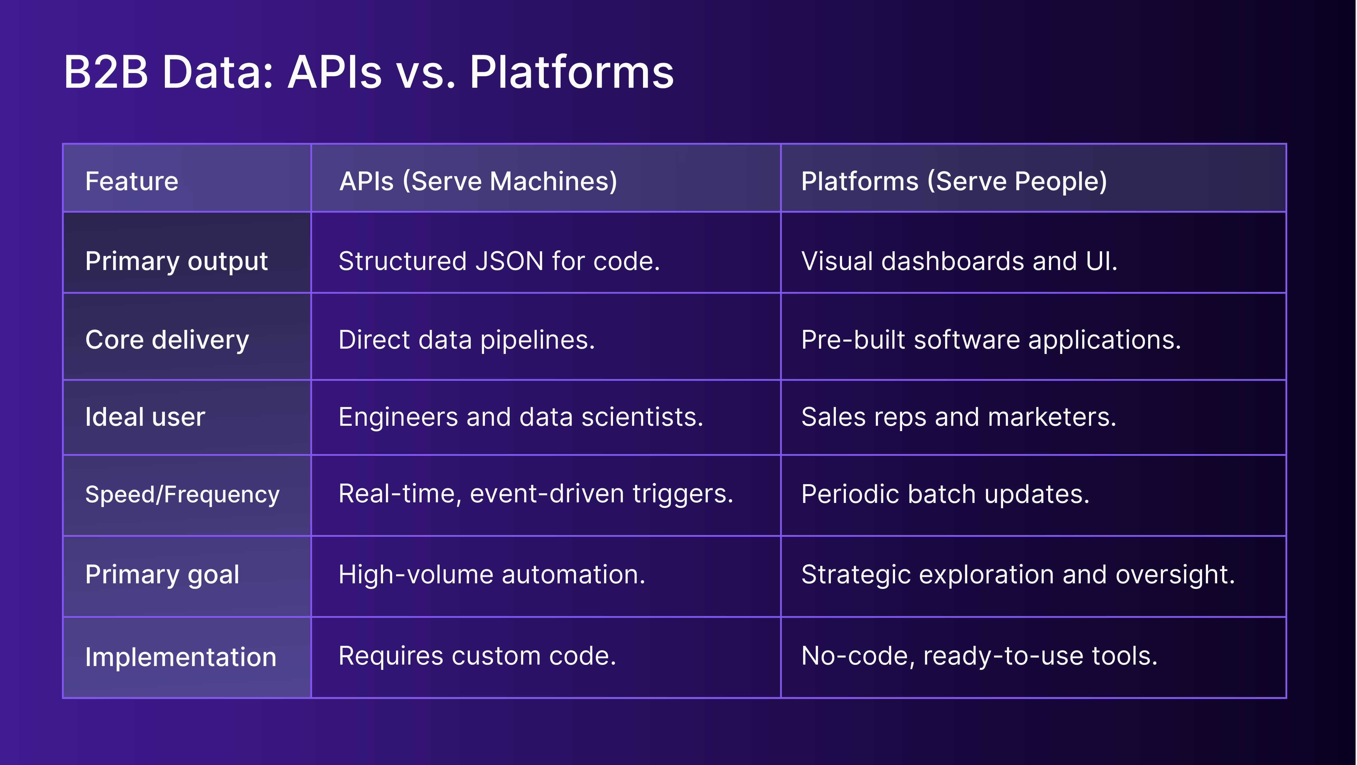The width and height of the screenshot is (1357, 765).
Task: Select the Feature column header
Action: [132, 181]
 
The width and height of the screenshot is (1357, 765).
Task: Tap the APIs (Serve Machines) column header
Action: [478, 181]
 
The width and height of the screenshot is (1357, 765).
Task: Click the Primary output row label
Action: [176, 261]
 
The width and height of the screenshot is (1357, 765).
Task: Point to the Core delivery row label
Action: [167, 340]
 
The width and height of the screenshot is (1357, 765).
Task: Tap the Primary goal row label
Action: [162, 574]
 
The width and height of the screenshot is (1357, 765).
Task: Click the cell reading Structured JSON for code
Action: [499, 261]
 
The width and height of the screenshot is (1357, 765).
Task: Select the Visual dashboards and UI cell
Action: [959, 261]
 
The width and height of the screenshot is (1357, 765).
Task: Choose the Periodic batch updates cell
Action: [945, 494]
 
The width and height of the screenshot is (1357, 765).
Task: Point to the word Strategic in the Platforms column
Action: [856, 574]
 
